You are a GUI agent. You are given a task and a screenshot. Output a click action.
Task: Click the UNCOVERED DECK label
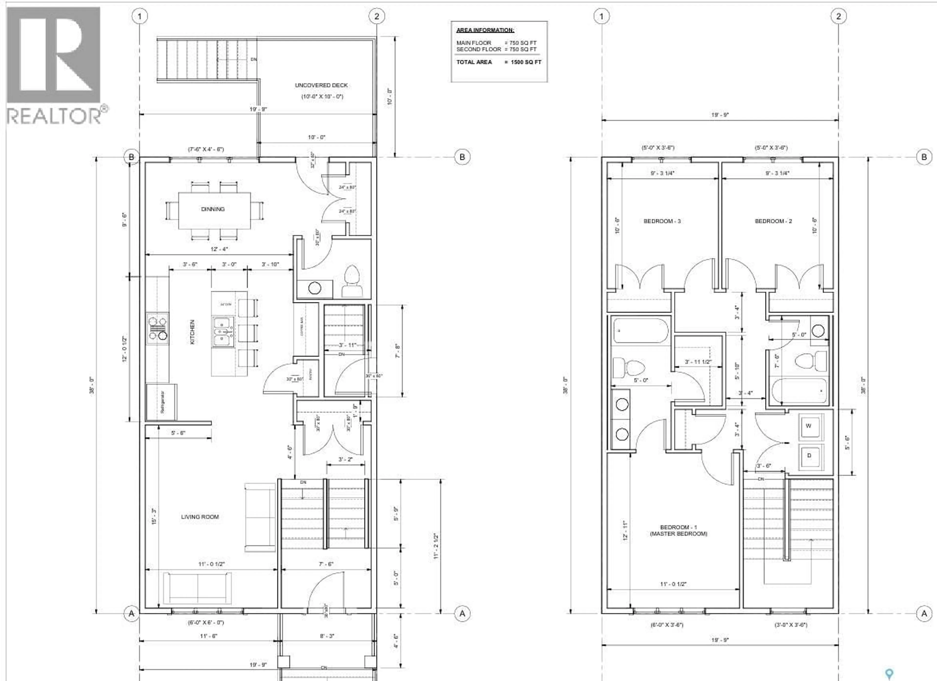pos(321,85)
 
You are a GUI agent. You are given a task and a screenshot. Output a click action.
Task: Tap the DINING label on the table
pos(213,209)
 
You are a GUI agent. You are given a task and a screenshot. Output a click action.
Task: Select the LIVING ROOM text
pos(200,517)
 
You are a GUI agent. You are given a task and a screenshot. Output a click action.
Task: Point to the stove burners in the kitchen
pos(157,329)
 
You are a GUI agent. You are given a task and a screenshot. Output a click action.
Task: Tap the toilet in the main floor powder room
pos(352,281)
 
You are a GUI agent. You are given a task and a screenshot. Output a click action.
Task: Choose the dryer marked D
pos(809,456)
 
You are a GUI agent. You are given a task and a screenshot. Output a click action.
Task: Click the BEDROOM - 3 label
pos(662,221)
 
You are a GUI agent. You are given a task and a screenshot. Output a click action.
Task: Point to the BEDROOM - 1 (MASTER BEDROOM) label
pos(678,531)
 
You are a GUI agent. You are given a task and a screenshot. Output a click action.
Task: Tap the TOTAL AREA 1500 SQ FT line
pos(498,62)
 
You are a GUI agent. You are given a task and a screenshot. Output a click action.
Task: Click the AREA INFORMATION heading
pos(485,30)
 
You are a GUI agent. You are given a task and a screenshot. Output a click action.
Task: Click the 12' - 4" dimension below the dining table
pos(219,249)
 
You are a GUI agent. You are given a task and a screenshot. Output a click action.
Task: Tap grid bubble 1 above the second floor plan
pos(601,17)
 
